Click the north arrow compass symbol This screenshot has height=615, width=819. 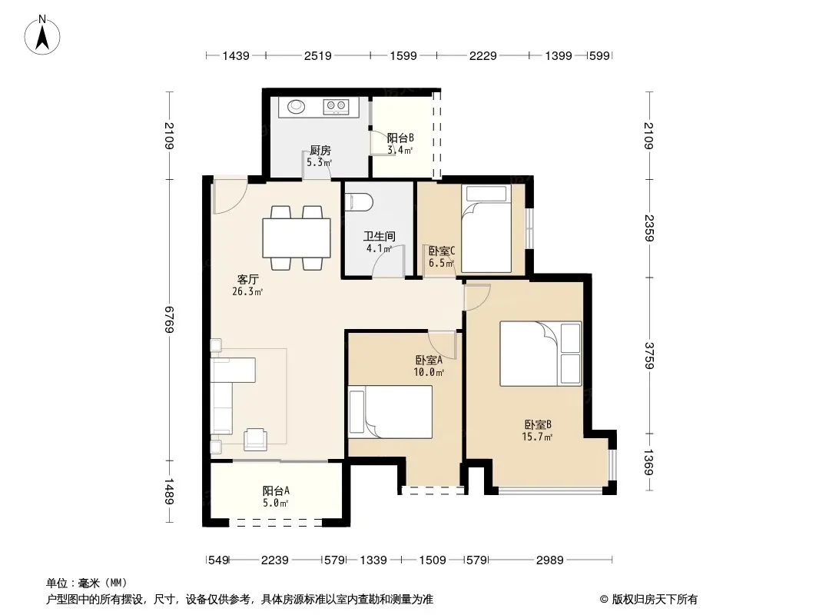[42, 35]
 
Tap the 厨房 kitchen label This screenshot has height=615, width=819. [320, 151]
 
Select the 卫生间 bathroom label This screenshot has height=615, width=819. [380, 236]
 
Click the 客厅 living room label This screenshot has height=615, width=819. [247, 280]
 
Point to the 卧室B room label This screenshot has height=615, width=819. [538, 425]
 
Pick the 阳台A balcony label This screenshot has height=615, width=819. [276, 490]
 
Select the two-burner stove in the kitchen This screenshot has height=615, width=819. [336, 107]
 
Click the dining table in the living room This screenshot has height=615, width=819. [296, 238]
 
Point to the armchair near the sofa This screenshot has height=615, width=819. [255, 439]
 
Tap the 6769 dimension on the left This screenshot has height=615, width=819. [169, 320]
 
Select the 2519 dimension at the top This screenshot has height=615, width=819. [317, 55]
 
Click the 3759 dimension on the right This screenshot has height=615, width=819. [649, 355]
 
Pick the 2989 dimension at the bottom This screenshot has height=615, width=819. [550, 560]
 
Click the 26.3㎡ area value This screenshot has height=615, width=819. [247, 291]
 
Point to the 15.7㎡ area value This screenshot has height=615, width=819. [537, 437]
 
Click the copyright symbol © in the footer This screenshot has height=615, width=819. [604, 600]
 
